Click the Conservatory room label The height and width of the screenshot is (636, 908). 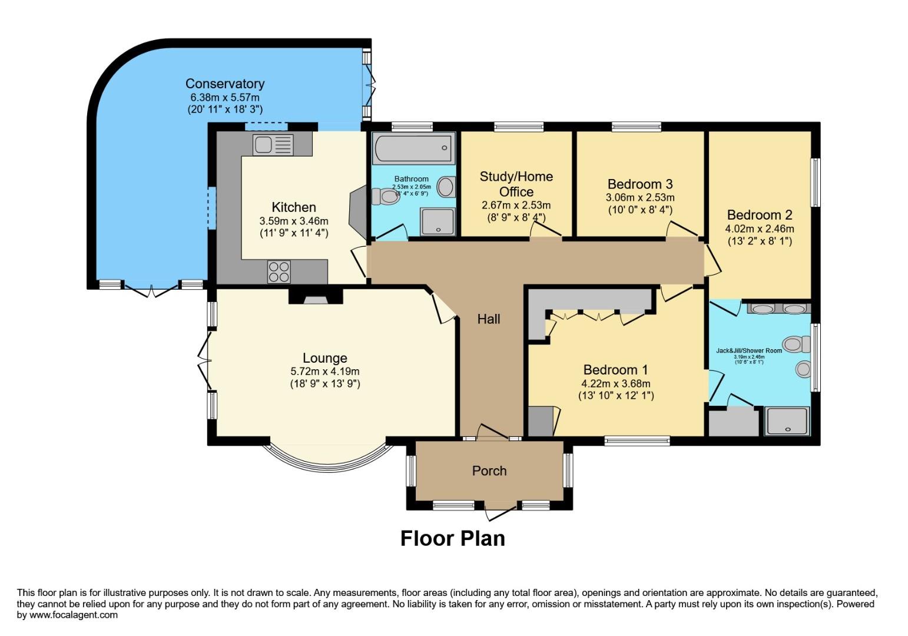(x=224, y=84)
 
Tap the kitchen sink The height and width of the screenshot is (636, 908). (x=273, y=145)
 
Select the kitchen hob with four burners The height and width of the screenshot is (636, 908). (x=279, y=271)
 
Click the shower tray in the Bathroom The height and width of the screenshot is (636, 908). (x=437, y=221)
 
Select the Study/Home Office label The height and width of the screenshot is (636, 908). (x=516, y=184)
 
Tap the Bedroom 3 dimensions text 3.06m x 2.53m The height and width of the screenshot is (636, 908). (x=639, y=197)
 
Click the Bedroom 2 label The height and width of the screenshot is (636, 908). (x=759, y=215)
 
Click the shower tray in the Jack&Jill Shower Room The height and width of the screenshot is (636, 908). (x=786, y=421)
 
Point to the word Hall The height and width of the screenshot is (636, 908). (x=489, y=319)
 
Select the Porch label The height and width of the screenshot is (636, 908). (x=489, y=471)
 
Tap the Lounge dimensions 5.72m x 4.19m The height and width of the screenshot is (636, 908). (x=324, y=372)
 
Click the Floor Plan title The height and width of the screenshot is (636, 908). (x=452, y=538)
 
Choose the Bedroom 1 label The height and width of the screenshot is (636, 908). (x=615, y=370)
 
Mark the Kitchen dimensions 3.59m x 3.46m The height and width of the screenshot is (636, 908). (x=293, y=221)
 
